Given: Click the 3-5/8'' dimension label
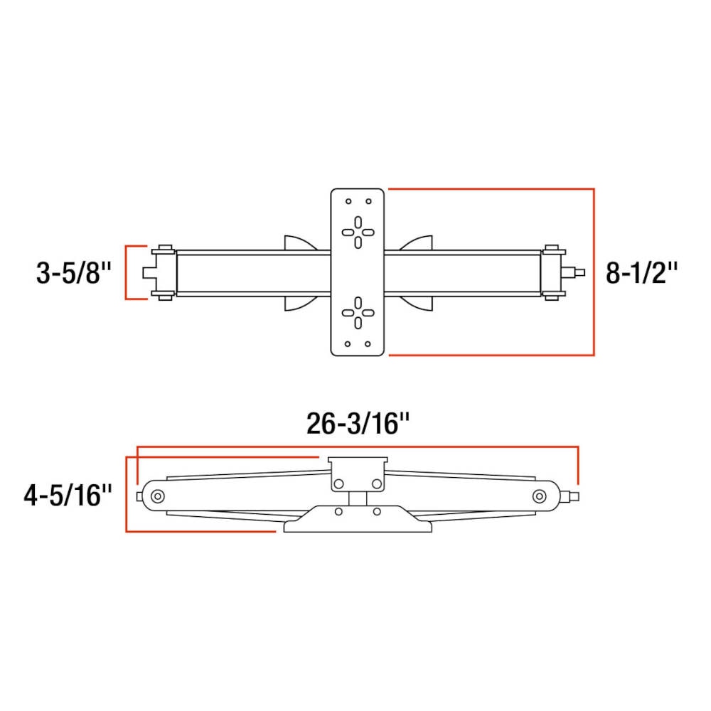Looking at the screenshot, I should pos(74,272).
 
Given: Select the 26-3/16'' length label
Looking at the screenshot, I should pos(358,424).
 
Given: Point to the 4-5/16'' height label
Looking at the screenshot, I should pos(68,494).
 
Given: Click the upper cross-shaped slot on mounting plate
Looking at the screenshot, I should pos(358,232).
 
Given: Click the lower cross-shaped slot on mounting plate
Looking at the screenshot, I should pos(358,311).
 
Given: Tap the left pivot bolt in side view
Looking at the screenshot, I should pos(157,496).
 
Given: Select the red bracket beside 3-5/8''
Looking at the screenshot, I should pos(127,272).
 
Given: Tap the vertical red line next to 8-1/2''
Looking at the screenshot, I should pos(593,272).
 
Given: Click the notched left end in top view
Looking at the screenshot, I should pos(149,272).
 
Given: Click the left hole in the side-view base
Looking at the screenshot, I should pos(339,512).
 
